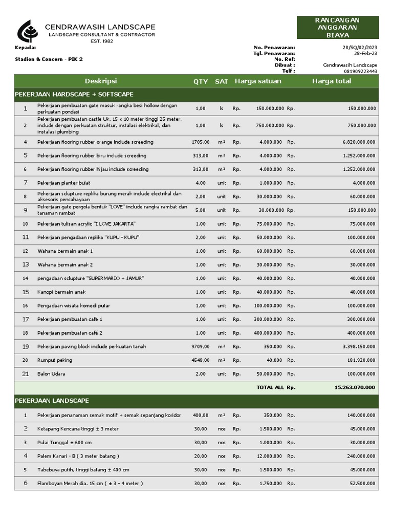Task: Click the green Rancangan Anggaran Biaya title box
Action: pos(338,28)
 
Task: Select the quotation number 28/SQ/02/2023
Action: pos(360,48)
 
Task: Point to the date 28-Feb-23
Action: pos(365,53)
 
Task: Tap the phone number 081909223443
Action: pos(360,72)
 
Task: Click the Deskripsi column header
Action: pos(101,81)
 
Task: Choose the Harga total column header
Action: pos(332,81)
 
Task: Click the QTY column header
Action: pos(201,82)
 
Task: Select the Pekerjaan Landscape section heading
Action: pos(52,401)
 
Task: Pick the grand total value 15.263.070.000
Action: pos(355,387)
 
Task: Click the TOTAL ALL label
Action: pos(270,388)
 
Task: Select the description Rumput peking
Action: pos(55,360)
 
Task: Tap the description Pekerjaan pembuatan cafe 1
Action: pos(70,319)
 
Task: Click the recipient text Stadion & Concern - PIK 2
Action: pos(49,59)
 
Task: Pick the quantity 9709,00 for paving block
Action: pos(201,347)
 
